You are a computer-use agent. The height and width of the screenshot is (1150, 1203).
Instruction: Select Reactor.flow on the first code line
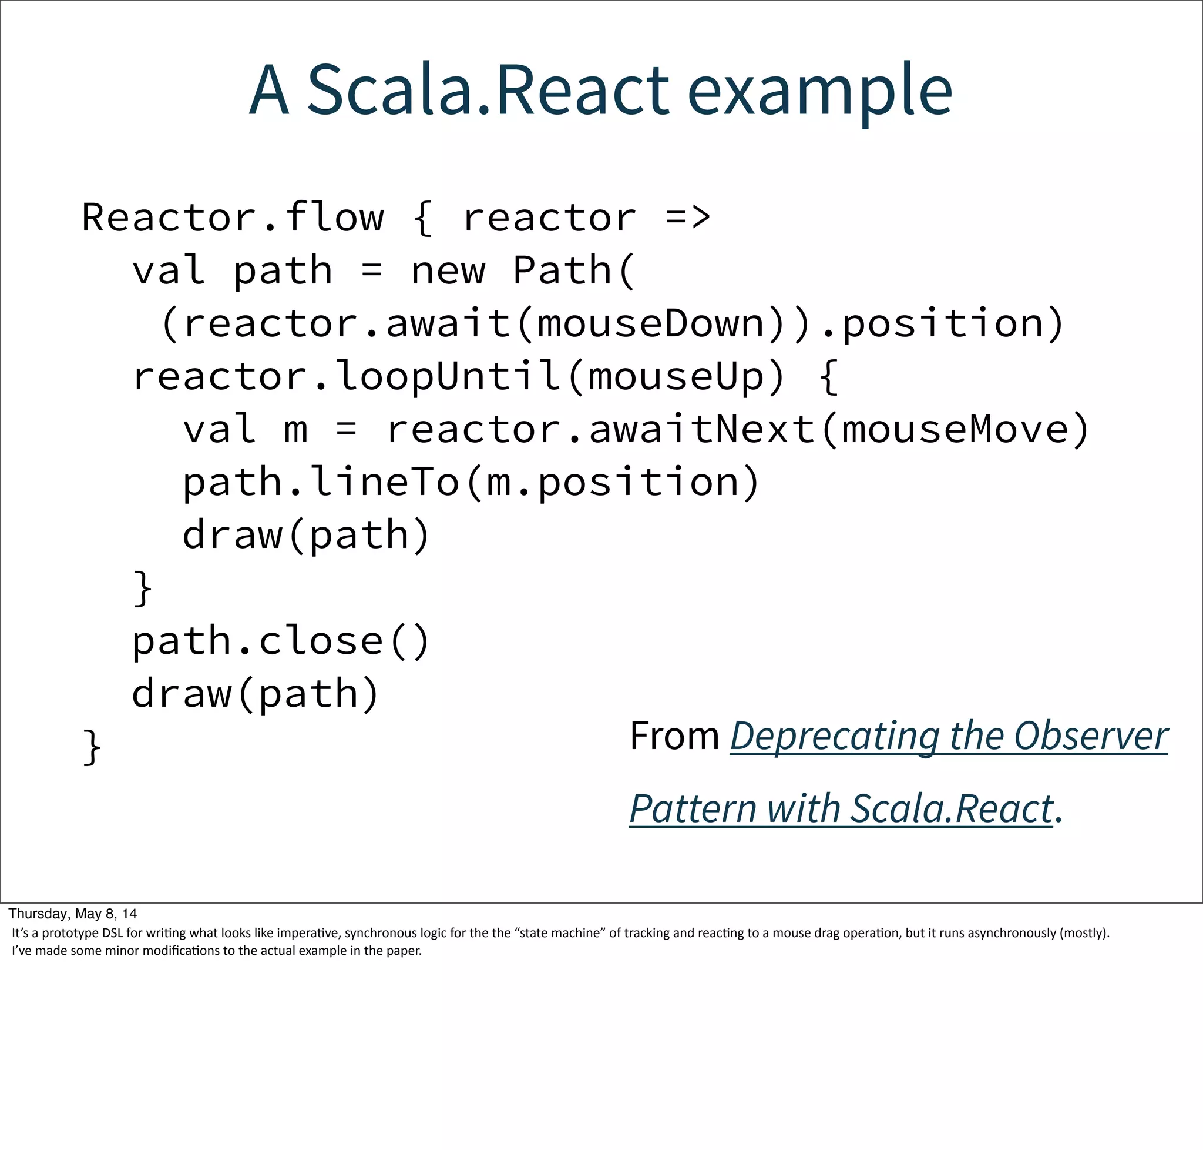pos(233,218)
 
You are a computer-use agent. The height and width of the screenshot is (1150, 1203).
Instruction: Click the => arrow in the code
pos(687,218)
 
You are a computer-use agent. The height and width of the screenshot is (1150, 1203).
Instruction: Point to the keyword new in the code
pos(448,271)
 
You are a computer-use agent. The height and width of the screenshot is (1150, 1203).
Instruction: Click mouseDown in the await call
pos(650,324)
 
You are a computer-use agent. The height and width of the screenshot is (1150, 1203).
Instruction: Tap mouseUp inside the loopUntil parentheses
pos(676,376)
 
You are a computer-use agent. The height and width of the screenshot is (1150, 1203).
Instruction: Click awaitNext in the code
pos(701,429)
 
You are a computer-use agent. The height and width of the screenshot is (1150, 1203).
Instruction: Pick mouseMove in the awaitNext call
pos(955,429)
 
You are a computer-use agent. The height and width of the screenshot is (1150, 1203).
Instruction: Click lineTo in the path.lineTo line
pos(385,483)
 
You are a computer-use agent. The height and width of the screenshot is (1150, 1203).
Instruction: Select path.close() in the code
pos(281,641)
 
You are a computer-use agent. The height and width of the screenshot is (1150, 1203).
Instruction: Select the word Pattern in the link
pos(693,808)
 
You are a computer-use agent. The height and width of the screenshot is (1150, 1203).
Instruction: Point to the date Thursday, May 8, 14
pos(73,914)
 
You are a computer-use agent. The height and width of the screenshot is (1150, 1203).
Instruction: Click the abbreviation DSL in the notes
pos(112,933)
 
